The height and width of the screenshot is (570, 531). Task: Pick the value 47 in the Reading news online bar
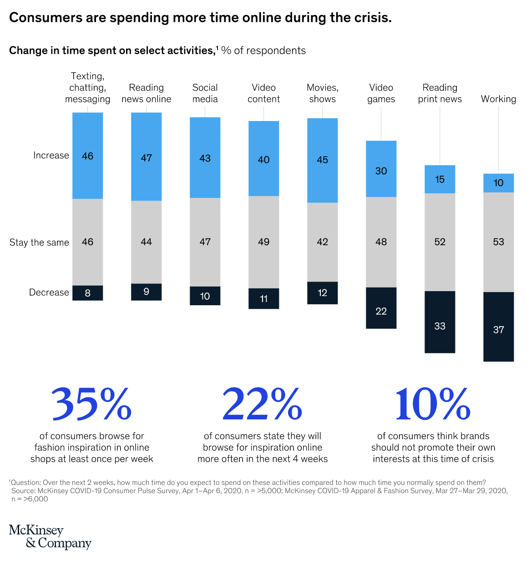pyautogui.click(x=146, y=158)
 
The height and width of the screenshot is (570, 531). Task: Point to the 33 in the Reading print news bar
pyautogui.click(x=440, y=326)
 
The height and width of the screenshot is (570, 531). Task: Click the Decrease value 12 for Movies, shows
pyautogui.click(x=322, y=293)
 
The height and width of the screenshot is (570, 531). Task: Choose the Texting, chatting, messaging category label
pyautogui.click(x=87, y=88)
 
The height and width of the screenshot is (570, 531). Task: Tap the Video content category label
pyautogui.click(x=263, y=93)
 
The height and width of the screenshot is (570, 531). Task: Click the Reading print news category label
pyautogui.click(x=440, y=93)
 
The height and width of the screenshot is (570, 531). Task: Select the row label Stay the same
pyautogui.click(x=39, y=242)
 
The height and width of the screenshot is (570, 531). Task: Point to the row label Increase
pyautogui.click(x=51, y=156)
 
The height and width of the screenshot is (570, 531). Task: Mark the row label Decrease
pyautogui.click(x=49, y=293)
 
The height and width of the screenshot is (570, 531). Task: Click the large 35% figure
pyautogui.click(x=91, y=404)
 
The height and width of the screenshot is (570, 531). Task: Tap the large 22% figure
pyautogui.click(x=262, y=404)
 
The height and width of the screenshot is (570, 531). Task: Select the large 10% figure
pyautogui.click(x=433, y=404)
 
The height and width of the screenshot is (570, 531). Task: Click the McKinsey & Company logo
pyautogui.click(x=50, y=537)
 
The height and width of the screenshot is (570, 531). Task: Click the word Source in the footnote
pyautogui.click(x=23, y=491)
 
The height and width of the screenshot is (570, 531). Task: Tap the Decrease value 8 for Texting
pyautogui.click(x=87, y=293)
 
